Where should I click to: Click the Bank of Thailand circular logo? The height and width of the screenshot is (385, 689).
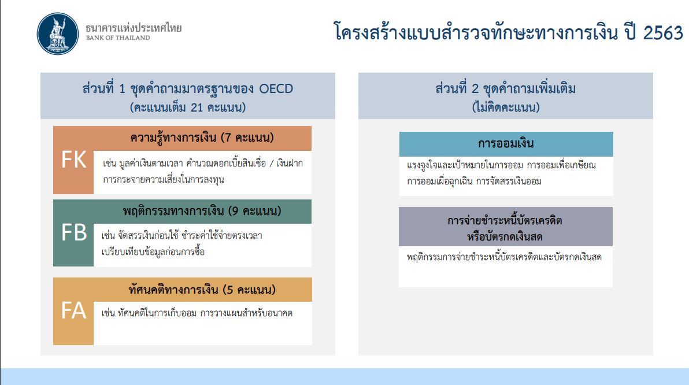pos(58,34)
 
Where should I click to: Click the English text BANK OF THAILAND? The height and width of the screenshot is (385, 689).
pos(118,38)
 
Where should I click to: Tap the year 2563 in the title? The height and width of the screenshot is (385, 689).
pos(663,33)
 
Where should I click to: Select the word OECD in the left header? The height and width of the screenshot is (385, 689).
pos(276,89)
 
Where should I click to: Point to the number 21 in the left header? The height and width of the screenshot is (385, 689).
pos(197,108)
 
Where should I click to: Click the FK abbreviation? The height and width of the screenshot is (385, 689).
pos(74,160)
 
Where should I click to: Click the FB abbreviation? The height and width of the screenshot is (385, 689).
pos(74,232)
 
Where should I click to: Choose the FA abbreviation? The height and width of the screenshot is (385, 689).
pos(73,310)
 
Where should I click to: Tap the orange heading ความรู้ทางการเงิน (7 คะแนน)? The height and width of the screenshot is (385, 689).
pos(202,138)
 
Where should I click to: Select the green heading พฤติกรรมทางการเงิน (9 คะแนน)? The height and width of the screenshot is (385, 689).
pos(202,212)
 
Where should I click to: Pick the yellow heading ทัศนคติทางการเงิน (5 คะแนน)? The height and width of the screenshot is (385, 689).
pos(202,290)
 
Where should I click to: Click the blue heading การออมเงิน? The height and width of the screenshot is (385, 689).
pos(506,144)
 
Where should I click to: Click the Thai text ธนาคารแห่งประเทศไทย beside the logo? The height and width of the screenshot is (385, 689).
pos(134,28)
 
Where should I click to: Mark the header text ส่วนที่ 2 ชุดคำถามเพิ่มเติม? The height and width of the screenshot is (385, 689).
pos(505,89)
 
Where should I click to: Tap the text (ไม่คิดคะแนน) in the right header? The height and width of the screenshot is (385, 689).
pos(506,108)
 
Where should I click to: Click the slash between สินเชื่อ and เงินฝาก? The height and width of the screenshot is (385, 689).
pos(272,164)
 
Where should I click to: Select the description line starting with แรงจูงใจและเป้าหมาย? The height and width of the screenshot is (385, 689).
pos(501,166)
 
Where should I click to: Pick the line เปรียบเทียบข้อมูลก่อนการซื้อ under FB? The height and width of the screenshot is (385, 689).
pos(153,252)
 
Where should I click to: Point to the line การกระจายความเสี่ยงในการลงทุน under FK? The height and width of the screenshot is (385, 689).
pos(164,180)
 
